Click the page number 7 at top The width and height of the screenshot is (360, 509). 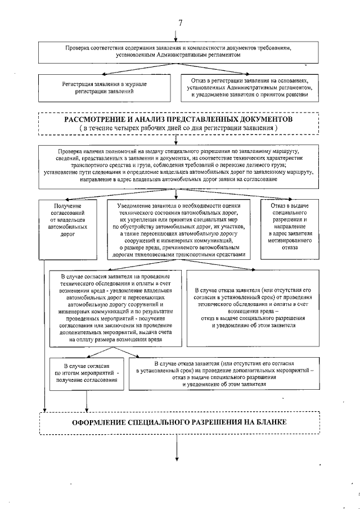pos(180,22)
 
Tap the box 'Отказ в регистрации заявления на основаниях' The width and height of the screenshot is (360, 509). pos(249,87)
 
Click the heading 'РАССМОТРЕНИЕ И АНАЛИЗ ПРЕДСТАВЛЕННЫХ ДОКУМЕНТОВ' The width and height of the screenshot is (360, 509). pos(178,120)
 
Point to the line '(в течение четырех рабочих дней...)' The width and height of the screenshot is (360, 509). pos(178,129)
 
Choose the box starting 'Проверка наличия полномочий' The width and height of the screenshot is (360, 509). pos(178,165)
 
